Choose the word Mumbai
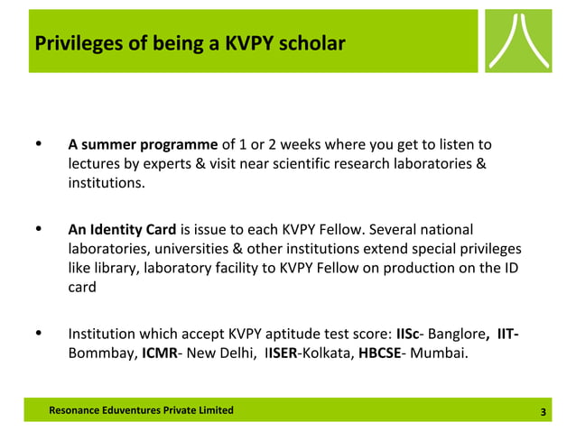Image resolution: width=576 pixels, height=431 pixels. coord(439,353)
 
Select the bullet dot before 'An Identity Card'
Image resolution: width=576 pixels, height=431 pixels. coord(37,229)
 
